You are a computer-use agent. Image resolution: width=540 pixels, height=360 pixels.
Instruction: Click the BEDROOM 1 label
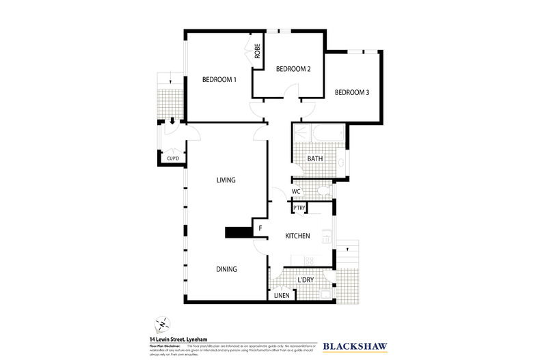[x=219, y=80]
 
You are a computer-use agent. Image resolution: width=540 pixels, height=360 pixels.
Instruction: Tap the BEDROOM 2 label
[x=293, y=69]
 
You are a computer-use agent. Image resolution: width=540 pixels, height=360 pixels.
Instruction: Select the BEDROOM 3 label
[x=352, y=94]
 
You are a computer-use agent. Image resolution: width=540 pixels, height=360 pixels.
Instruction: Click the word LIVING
[x=226, y=180]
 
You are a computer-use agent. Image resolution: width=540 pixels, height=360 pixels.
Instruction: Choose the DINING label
[x=227, y=269]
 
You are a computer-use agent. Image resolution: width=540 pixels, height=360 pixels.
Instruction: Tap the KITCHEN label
[x=298, y=236]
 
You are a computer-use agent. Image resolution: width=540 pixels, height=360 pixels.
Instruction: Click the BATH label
[x=315, y=159]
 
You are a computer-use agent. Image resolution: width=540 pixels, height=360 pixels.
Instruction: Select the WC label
[x=297, y=192]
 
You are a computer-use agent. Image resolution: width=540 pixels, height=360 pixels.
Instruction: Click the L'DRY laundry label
[x=306, y=279]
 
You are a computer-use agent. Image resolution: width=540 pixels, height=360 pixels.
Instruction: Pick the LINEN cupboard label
[x=282, y=295]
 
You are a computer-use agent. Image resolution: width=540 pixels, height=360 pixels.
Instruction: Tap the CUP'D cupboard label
[x=173, y=159]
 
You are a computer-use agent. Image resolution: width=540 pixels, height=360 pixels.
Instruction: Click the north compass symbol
[x=163, y=322]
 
